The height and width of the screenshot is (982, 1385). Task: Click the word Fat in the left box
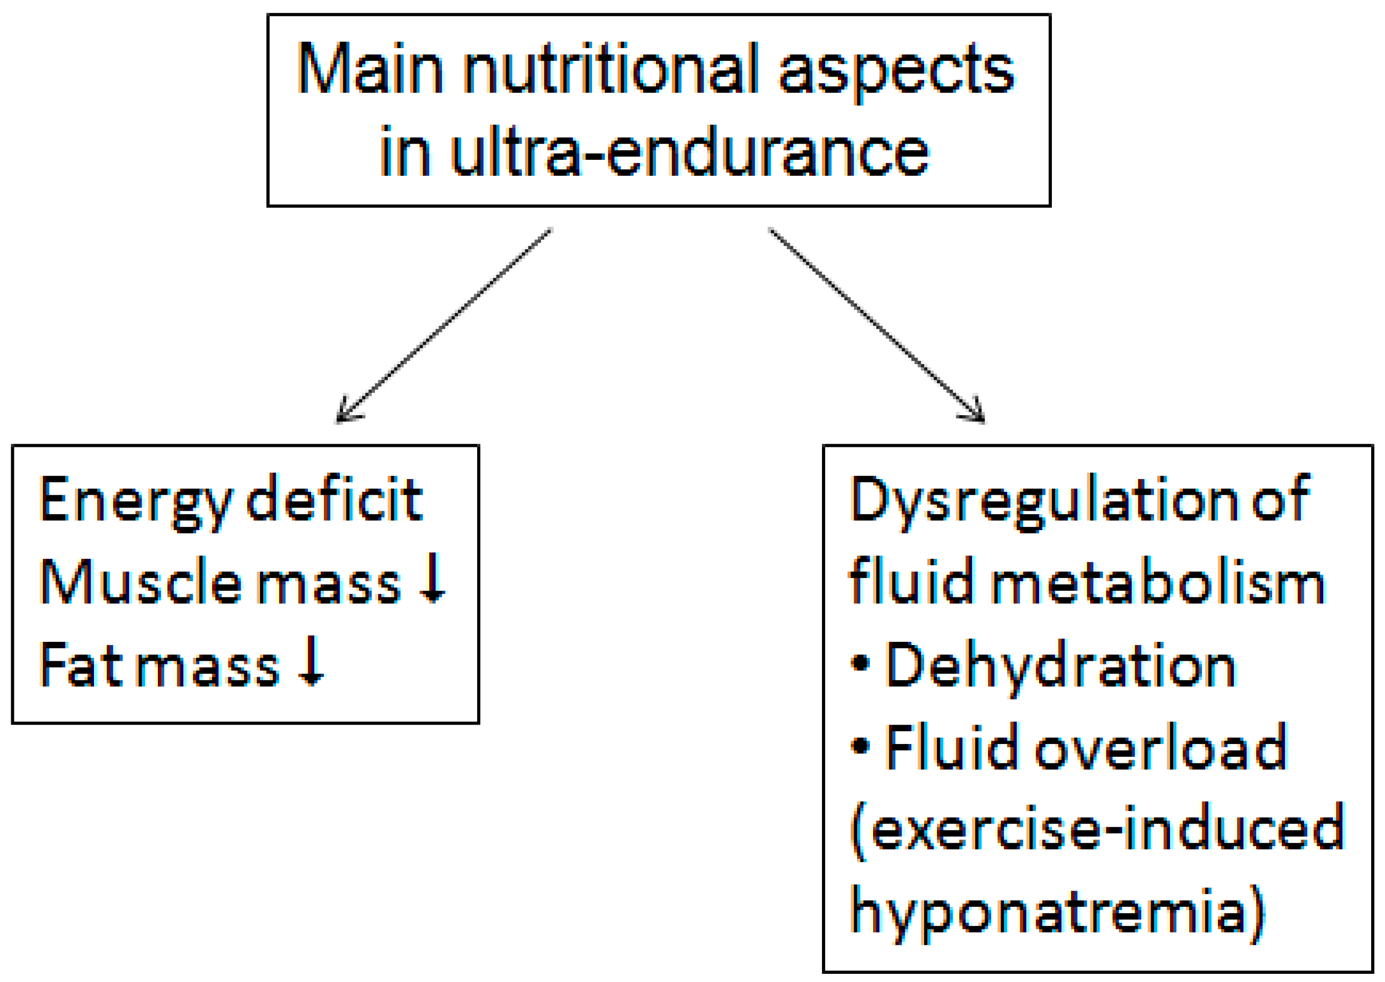(81, 663)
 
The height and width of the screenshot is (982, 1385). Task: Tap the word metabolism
(1158, 582)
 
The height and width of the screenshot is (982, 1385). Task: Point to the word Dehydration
(1062, 665)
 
